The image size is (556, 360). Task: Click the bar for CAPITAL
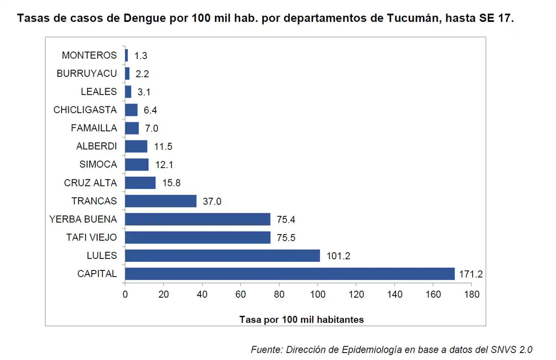click(x=289, y=274)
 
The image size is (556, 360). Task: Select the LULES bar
click(x=222, y=256)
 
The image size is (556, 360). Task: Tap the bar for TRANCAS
click(x=160, y=201)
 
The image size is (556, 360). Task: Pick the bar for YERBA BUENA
click(x=198, y=219)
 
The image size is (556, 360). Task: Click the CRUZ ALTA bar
click(x=140, y=183)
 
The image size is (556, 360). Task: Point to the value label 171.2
click(x=471, y=274)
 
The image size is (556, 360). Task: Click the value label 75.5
click(x=286, y=238)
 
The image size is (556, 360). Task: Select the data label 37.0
click(x=212, y=201)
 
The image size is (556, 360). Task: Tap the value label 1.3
click(x=140, y=56)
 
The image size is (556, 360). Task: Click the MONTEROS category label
click(x=89, y=56)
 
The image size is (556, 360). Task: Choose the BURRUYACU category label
click(x=86, y=74)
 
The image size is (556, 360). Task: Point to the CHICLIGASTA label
click(x=85, y=110)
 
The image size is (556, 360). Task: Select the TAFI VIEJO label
click(x=91, y=237)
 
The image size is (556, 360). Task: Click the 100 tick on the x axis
click(x=318, y=294)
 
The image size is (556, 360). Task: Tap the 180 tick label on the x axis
click(x=471, y=294)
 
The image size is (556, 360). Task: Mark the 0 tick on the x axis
click(x=125, y=294)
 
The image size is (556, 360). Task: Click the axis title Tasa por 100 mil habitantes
click(x=301, y=320)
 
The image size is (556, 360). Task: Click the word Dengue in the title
click(x=145, y=18)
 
